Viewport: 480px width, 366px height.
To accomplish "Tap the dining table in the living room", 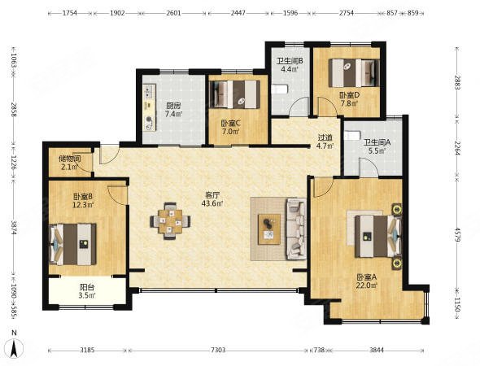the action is pyautogui.click(x=170, y=221).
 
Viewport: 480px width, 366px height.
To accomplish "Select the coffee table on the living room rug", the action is pyautogui.click(x=269, y=229).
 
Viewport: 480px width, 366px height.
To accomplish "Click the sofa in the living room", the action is pyautogui.click(x=296, y=229).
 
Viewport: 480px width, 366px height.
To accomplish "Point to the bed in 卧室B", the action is pyautogui.click(x=73, y=244).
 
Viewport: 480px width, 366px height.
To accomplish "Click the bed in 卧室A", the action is pyautogui.click(x=378, y=236).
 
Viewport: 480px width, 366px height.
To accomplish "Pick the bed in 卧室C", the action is pyautogui.click(x=235, y=94).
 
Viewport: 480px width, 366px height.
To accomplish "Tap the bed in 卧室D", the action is pyautogui.click(x=354, y=73).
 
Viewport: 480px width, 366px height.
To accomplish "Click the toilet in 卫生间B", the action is pyautogui.click(x=280, y=89).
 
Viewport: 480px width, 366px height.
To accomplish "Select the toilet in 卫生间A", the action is pyautogui.click(x=352, y=136).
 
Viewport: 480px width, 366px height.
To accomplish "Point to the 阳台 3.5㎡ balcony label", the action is pyautogui.click(x=87, y=291).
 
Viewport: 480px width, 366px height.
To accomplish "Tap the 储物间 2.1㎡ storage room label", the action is pyautogui.click(x=70, y=163).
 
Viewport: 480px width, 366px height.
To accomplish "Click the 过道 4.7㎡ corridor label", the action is pyautogui.click(x=325, y=142).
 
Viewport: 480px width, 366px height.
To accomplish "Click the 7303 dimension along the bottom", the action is pyautogui.click(x=218, y=350).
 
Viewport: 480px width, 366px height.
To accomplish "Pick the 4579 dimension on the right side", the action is pyautogui.click(x=457, y=234).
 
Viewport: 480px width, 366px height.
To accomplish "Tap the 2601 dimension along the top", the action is pyautogui.click(x=173, y=13).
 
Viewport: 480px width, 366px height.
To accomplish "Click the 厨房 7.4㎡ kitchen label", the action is pyautogui.click(x=173, y=110).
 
